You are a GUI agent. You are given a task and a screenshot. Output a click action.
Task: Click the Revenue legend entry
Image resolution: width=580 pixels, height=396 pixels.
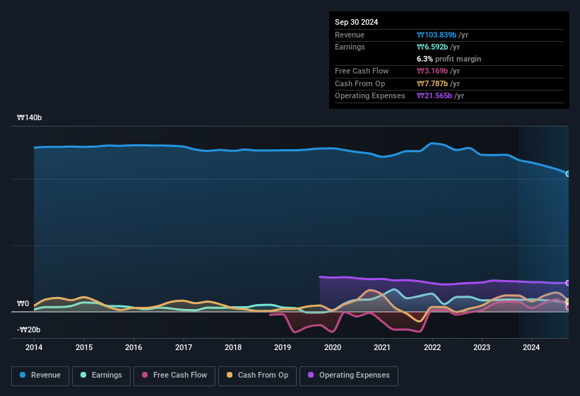point(41,375)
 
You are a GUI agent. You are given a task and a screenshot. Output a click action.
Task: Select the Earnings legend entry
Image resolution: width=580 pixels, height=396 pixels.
point(101,375)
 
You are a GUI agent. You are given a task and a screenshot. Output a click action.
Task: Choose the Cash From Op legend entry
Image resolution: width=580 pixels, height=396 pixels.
point(256,375)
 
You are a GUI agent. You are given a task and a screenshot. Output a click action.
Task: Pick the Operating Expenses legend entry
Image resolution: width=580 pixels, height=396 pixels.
point(349,375)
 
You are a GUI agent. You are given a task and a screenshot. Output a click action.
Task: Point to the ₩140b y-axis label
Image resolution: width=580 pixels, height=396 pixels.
point(30,118)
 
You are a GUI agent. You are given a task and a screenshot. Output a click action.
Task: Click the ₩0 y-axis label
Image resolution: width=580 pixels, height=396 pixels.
point(23,304)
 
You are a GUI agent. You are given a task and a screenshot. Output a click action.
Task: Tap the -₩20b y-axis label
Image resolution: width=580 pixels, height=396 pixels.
point(28,330)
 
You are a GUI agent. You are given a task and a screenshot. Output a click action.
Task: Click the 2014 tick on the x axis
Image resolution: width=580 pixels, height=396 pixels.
point(34,347)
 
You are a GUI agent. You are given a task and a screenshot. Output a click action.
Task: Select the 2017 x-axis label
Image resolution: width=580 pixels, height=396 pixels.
point(184,347)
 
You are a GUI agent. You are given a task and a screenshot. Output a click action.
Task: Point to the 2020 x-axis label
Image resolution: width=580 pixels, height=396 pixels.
point(333,347)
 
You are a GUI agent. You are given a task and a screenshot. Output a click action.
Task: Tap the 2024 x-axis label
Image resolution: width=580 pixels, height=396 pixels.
point(531,347)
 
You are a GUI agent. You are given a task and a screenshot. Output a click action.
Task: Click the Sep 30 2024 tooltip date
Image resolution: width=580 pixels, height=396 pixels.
point(357,22)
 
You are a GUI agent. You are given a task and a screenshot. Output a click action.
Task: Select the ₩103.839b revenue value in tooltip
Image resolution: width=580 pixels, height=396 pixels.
point(438,35)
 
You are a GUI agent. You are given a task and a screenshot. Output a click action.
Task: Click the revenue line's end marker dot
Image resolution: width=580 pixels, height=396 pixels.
point(568,173)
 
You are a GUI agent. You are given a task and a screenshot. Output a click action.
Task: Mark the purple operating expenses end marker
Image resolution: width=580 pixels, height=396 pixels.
point(568,283)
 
